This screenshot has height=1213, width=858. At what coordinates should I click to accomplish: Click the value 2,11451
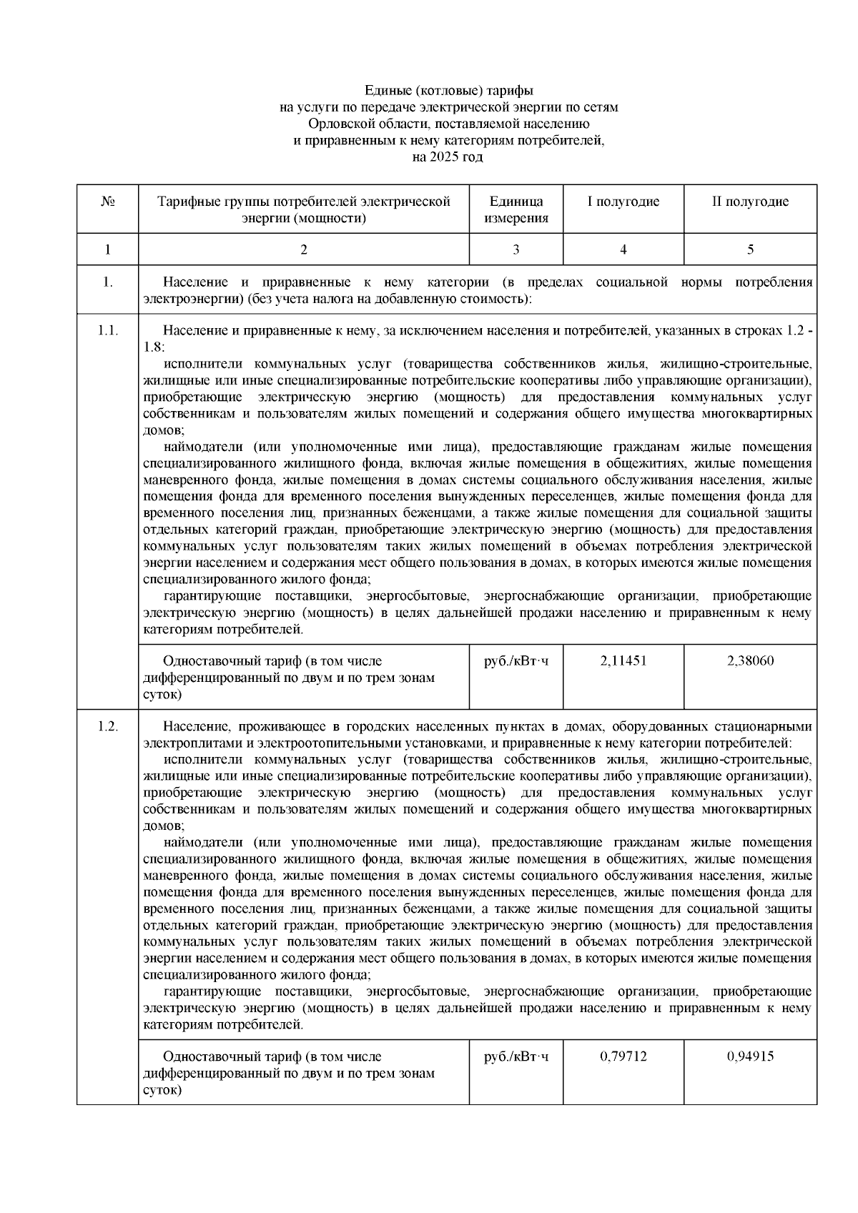(623, 660)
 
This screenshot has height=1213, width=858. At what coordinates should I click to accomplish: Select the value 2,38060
(750, 660)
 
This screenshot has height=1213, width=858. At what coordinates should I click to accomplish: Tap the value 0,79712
(623, 1056)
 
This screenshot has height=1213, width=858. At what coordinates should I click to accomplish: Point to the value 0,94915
(750, 1056)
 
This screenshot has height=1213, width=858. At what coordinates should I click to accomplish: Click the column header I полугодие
(623, 202)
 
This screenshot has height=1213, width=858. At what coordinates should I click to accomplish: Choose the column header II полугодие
(750, 202)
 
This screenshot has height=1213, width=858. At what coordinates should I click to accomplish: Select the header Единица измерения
(516, 210)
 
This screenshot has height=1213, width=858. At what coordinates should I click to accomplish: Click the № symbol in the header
(108, 202)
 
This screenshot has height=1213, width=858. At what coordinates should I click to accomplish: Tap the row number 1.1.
(108, 331)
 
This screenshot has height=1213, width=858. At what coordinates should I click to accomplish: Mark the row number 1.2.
(108, 727)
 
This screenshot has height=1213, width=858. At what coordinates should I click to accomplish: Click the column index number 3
(516, 249)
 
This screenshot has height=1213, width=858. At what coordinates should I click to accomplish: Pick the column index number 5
(750, 249)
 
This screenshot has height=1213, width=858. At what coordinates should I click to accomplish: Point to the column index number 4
(623, 249)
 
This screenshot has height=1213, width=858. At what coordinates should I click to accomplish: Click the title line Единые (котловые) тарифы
(449, 91)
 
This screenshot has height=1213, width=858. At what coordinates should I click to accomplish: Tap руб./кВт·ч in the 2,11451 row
(516, 660)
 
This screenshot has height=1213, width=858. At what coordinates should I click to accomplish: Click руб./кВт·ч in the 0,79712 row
(516, 1056)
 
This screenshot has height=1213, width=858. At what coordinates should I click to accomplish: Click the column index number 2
(304, 249)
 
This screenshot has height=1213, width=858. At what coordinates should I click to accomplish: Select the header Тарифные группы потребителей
(304, 202)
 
